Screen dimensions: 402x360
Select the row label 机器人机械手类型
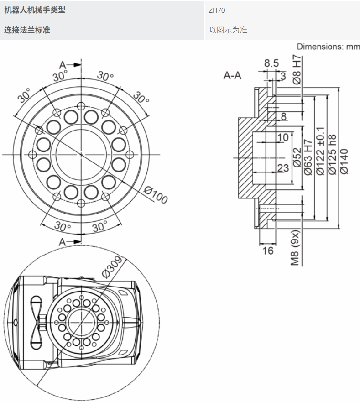(35, 10)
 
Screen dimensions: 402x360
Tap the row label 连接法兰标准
(27, 31)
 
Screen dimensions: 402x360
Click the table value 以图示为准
(228, 31)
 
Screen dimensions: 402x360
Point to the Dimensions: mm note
(328, 47)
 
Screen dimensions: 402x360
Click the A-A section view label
(232, 75)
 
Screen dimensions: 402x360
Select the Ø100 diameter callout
(155, 195)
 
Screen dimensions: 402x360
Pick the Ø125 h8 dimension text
(332, 155)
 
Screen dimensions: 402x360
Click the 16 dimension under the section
(268, 251)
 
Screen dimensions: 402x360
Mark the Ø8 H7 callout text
(297, 69)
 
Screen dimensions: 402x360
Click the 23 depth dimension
(283, 168)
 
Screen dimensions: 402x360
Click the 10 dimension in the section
(283, 137)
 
